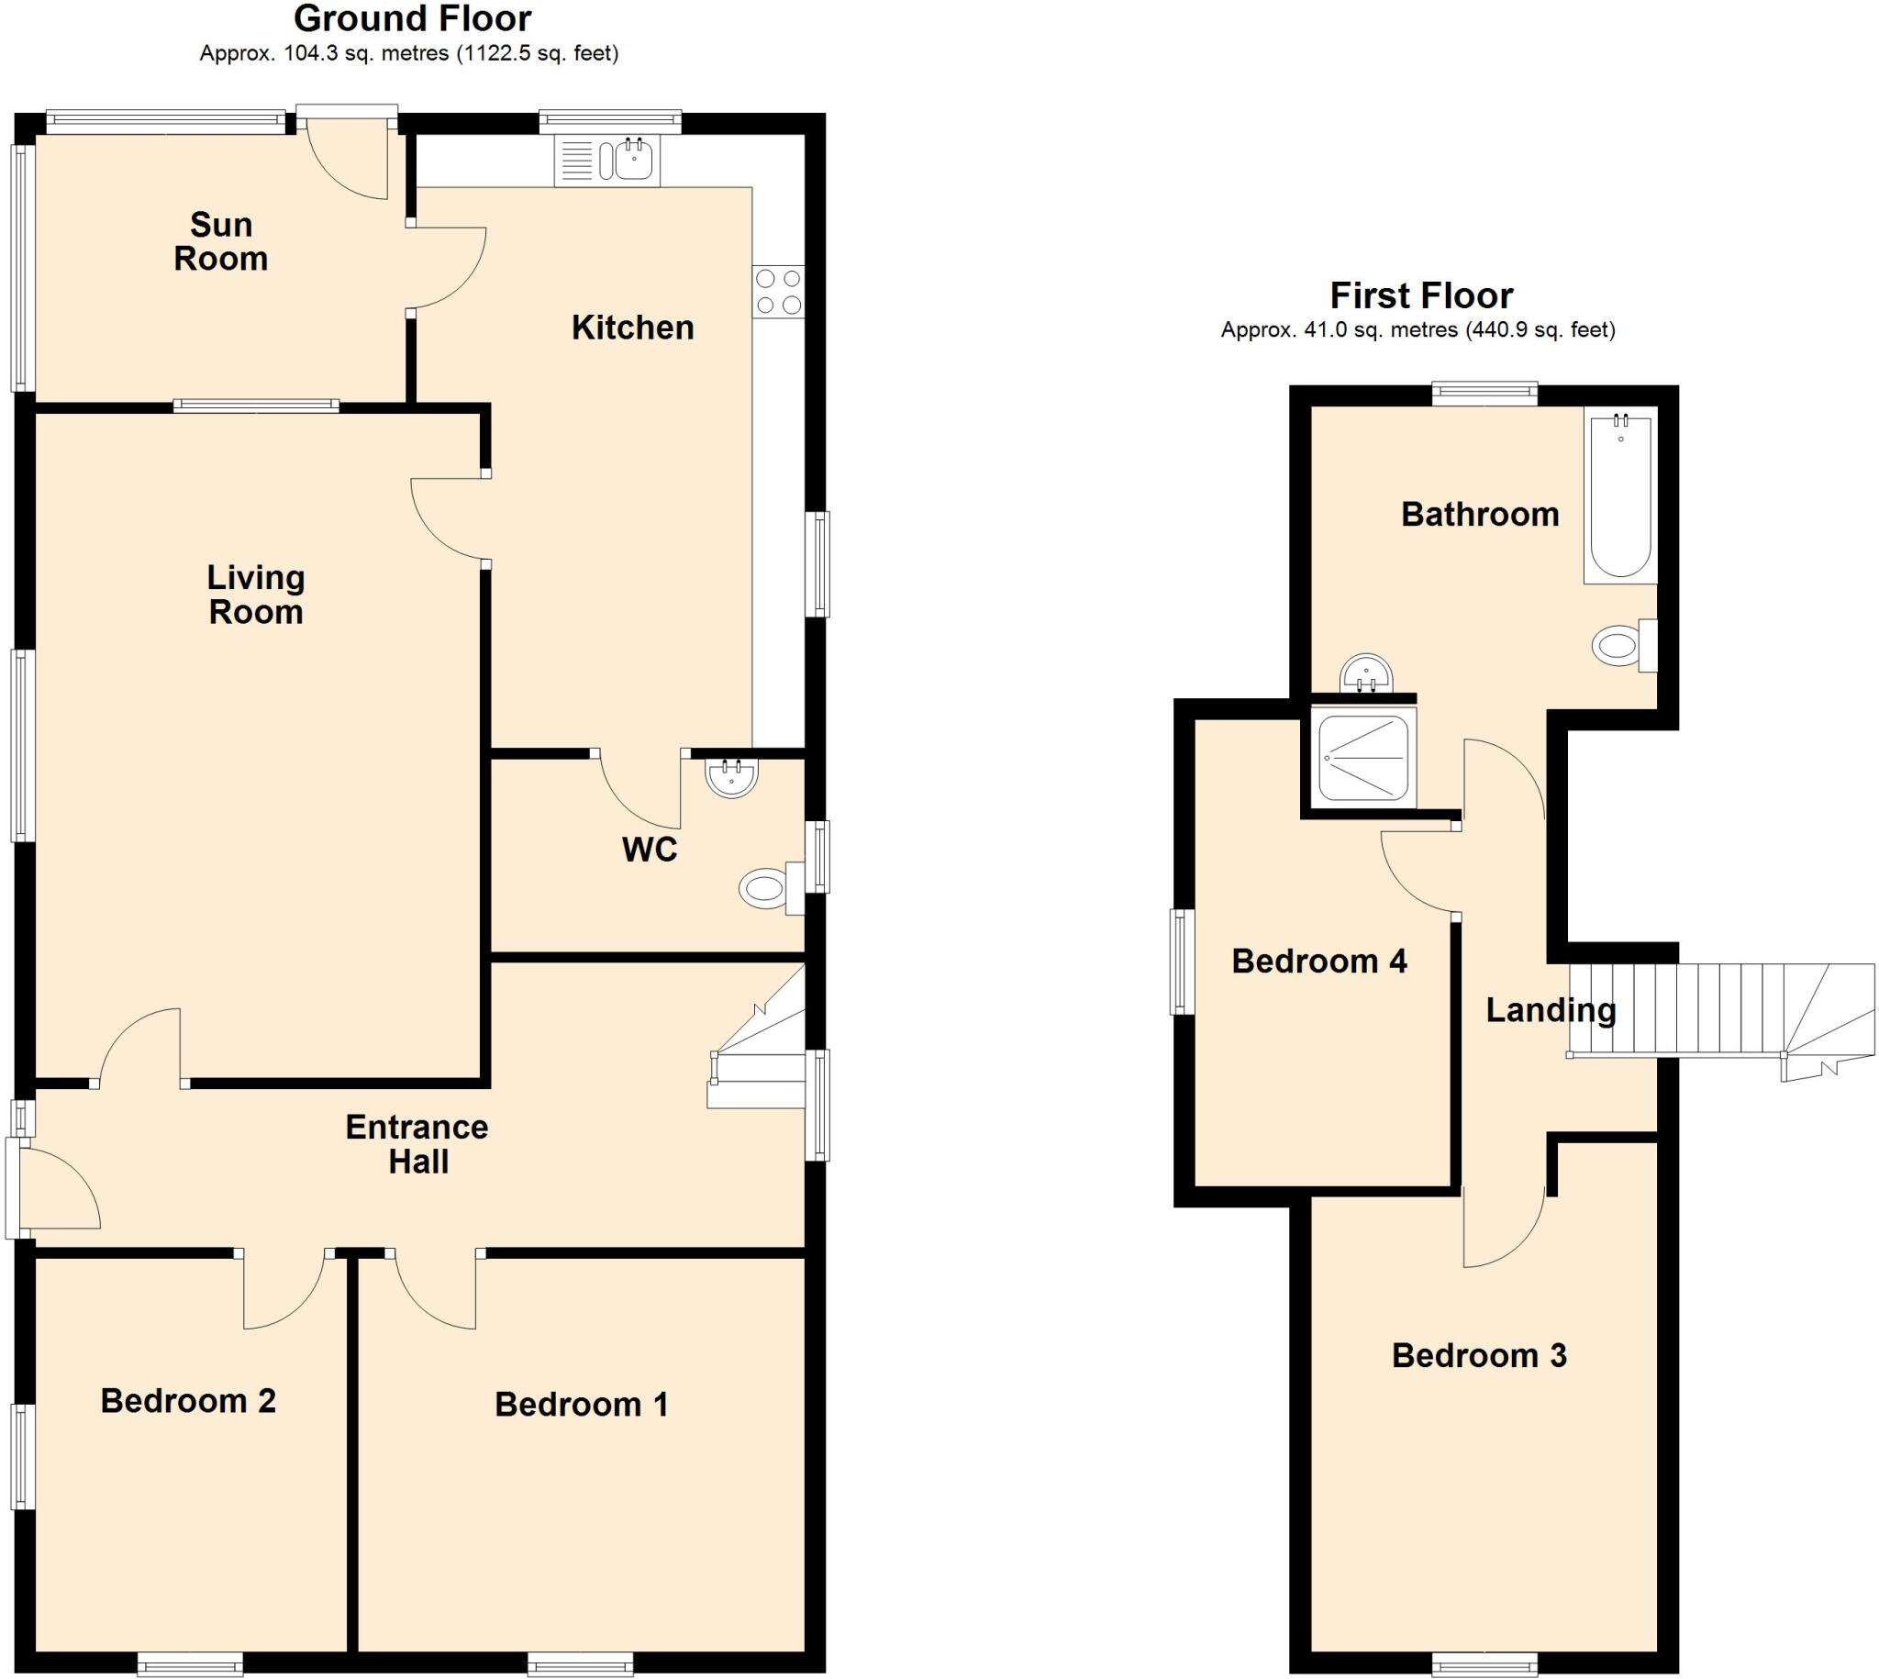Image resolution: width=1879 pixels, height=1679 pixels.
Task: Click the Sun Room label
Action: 220,241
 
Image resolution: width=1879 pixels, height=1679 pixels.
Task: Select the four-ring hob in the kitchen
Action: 778,292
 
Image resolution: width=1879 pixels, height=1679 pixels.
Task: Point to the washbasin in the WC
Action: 731,777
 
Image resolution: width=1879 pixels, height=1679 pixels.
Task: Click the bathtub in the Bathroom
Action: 1619,497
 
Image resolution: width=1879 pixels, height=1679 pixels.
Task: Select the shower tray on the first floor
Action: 1362,759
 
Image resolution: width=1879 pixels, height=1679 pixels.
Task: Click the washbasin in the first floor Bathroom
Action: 1364,673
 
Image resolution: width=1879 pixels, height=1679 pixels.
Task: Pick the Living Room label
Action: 255,595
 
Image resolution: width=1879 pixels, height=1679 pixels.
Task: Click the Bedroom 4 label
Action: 1319,962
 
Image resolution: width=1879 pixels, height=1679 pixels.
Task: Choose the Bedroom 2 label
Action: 188,1400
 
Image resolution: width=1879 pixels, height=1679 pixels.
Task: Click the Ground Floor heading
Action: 412,18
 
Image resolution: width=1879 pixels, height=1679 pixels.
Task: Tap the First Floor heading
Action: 1420,295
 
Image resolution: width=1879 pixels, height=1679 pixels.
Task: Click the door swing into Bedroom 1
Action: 434,1292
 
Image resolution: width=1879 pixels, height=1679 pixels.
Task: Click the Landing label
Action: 1551,1010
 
